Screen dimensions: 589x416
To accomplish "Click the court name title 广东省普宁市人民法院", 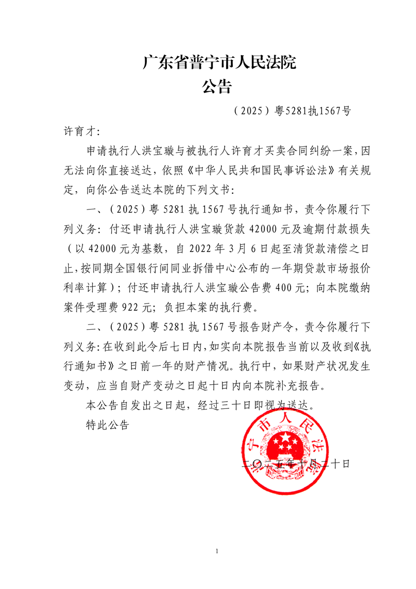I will pyautogui.click(x=219, y=63).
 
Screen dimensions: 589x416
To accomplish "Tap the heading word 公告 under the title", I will pyautogui.click(x=217, y=87).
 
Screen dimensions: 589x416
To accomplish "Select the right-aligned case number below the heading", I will pyautogui.click(x=291, y=111).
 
